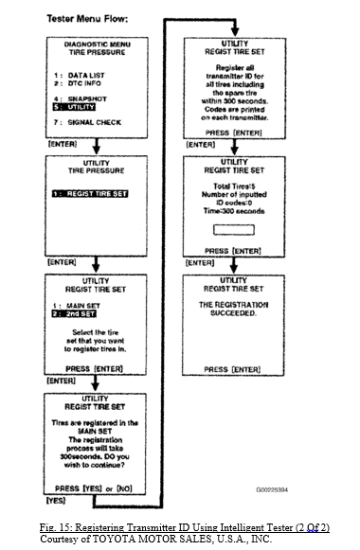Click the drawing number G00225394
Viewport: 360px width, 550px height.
click(273, 490)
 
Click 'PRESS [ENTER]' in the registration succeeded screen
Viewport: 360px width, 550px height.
click(234, 367)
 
